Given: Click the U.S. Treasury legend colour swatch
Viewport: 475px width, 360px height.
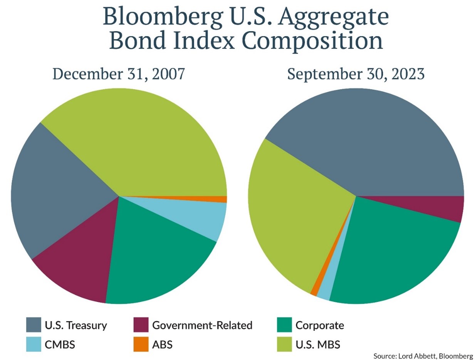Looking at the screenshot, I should tap(34, 325).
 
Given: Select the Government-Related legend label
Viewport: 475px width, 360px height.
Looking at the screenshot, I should tap(203, 325).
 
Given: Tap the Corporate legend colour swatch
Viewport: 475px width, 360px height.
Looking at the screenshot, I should tap(285, 325).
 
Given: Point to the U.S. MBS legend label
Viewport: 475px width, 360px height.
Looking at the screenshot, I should tap(318, 344).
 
